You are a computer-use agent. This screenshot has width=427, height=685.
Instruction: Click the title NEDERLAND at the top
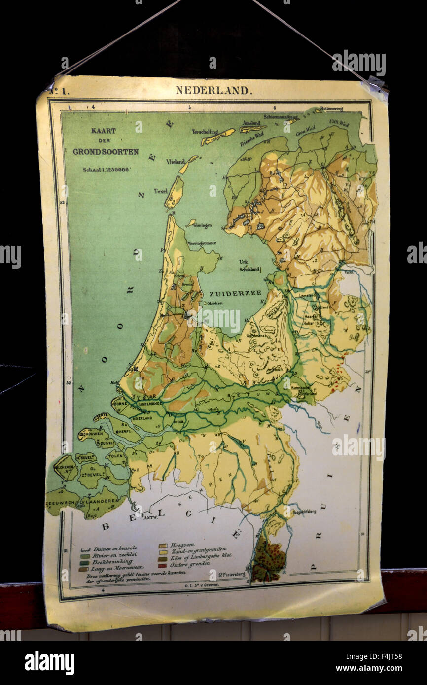[213, 90]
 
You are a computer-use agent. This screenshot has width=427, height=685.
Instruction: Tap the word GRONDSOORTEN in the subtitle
[106, 152]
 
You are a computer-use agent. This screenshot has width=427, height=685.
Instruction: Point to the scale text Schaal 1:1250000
[106, 170]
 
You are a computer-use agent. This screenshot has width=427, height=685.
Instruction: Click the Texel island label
[160, 191]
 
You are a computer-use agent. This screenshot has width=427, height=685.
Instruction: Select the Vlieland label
[175, 161]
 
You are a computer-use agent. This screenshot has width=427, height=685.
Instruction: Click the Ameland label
[251, 123]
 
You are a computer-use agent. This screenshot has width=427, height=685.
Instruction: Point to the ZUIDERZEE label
[235, 293]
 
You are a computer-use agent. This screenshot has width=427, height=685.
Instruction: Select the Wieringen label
[202, 225]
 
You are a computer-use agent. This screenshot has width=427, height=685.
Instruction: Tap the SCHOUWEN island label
[92, 434]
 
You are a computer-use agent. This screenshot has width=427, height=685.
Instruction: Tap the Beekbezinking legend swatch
[84, 562]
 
